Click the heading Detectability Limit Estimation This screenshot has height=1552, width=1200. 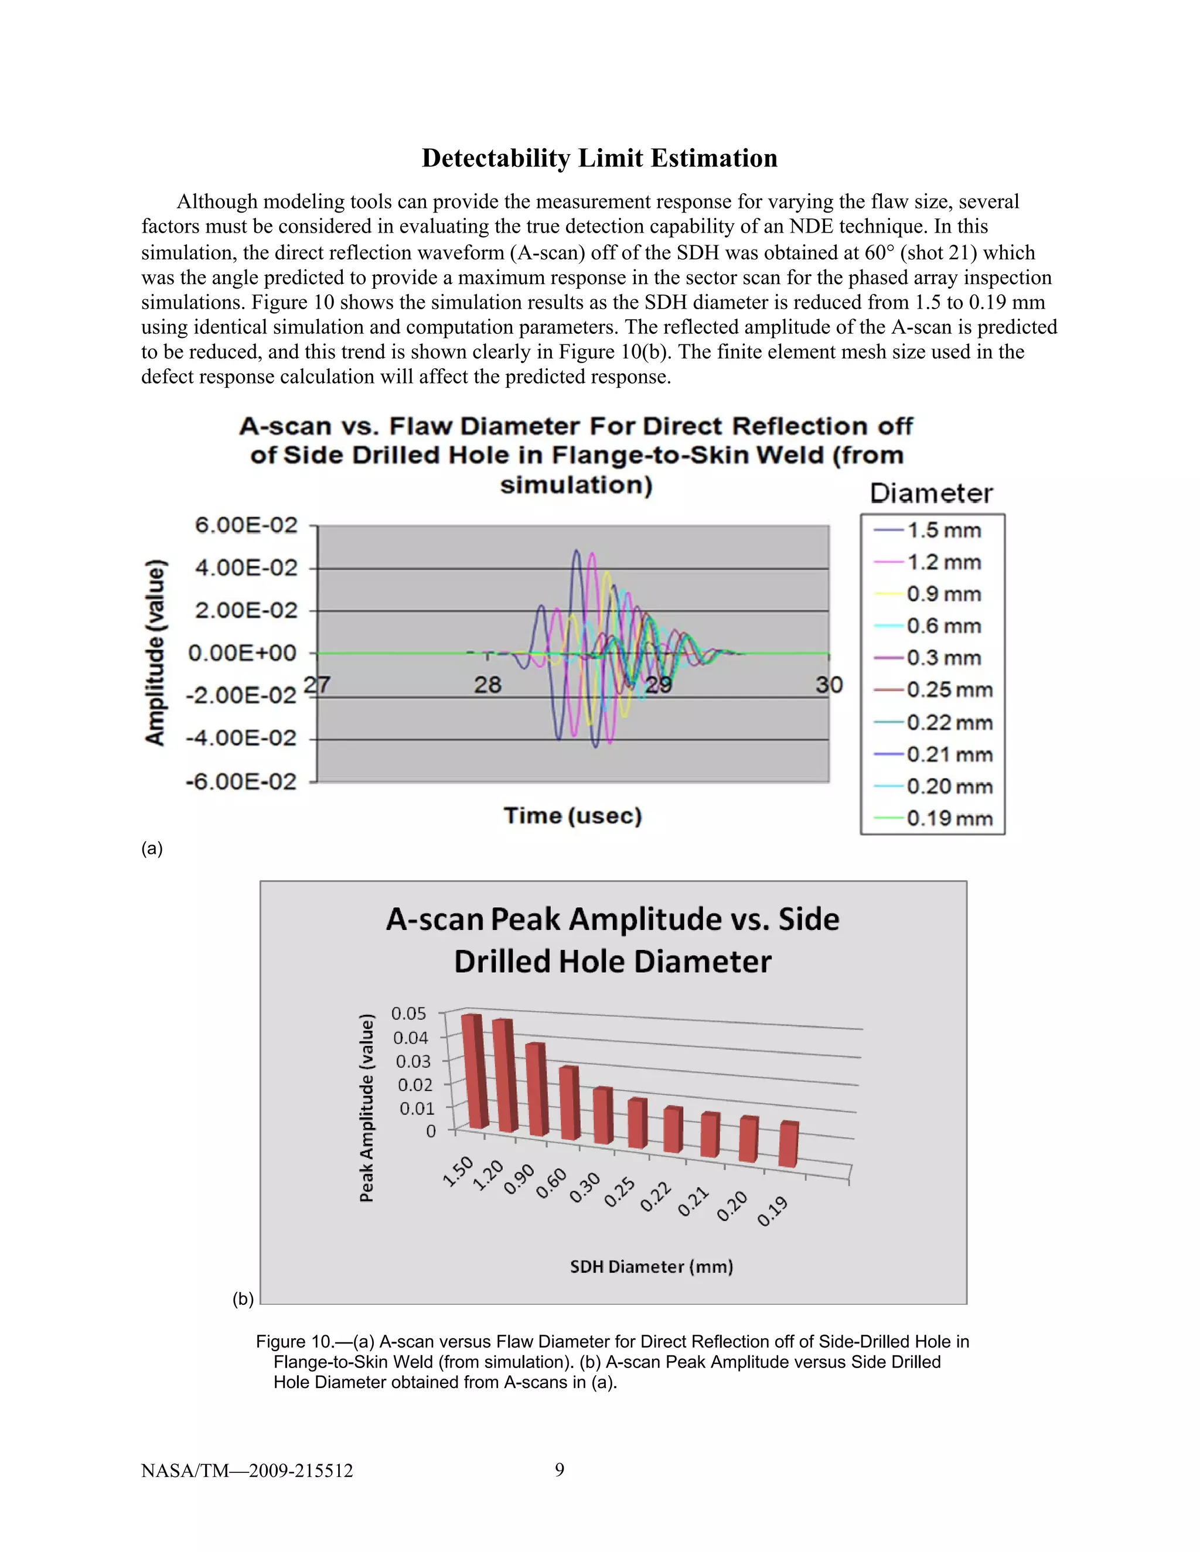pyautogui.click(x=599, y=158)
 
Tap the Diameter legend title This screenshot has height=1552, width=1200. pyautogui.click(x=931, y=493)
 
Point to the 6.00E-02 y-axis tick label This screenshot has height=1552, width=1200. pyautogui.click(x=246, y=525)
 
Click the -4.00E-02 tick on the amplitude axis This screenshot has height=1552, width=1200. pyautogui.click(x=241, y=739)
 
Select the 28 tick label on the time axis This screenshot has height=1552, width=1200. pyautogui.click(x=487, y=685)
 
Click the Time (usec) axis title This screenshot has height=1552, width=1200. pyautogui.click(x=573, y=816)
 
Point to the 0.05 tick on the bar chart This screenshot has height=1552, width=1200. pyautogui.click(x=409, y=1013)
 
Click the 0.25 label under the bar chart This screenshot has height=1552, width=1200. pyautogui.click(x=620, y=1192)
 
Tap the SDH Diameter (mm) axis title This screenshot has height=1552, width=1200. pyautogui.click(x=651, y=1266)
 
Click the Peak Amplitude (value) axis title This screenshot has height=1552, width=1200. pyautogui.click(x=366, y=1108)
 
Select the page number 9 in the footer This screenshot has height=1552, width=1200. pyautogui.click(x=560, y=1469)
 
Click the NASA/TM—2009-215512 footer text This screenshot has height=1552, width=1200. pyautogui.click(x=247, y=1470)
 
